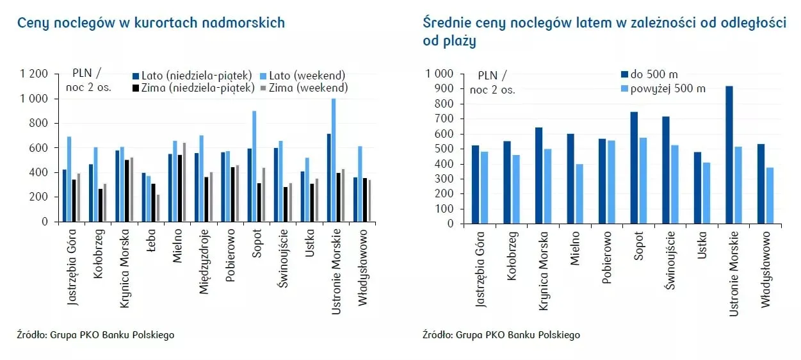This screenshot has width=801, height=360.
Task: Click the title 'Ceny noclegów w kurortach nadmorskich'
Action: click(151, 23)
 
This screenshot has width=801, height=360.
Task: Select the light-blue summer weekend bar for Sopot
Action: click(254, 166)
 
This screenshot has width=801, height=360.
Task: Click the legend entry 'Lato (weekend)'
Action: click(307, 75)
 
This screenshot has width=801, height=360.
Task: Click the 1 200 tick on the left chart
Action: click(35, 74)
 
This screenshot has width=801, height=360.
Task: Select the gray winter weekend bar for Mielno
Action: click(184, 182)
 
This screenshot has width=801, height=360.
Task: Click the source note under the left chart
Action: click(96, 334)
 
